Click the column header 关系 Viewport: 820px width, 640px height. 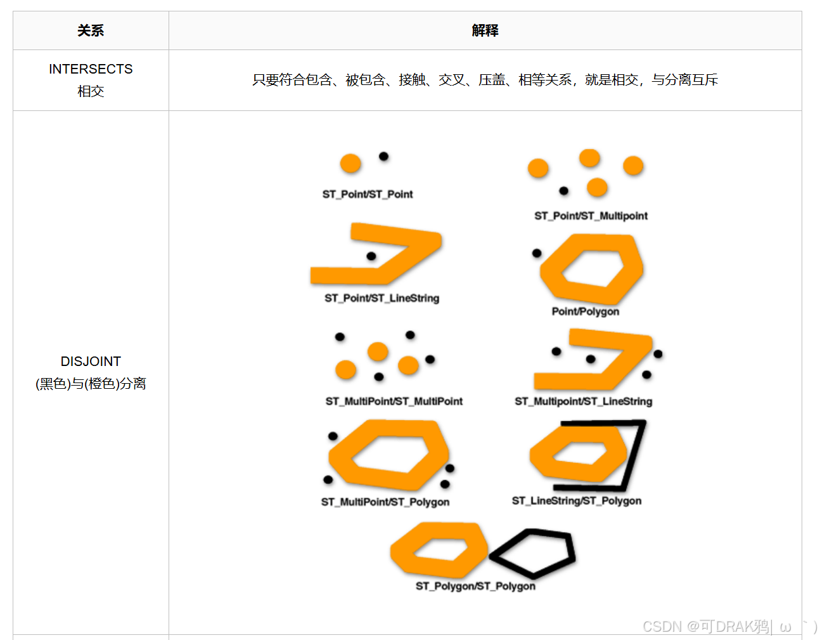[91, 30]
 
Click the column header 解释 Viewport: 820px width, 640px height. [485, 30]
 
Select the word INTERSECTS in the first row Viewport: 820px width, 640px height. [91, 69]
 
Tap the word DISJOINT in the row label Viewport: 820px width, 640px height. [91, 362]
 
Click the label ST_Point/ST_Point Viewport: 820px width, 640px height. [368, 194]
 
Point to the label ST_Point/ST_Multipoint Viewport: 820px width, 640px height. [591, 216]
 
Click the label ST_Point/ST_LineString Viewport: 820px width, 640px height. [381, 298]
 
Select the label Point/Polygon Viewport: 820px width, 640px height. [585, 311]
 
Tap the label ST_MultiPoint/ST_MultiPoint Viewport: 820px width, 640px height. [394, 401]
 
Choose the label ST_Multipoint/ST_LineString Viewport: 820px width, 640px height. [583, 401]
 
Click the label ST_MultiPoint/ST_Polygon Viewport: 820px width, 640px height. [385, 502]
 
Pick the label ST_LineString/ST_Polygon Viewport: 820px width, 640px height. [576, 500]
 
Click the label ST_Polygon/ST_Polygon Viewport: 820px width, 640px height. [475, 586]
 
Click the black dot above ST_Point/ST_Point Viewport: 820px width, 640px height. [383, 157]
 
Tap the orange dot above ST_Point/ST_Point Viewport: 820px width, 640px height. [350, 164]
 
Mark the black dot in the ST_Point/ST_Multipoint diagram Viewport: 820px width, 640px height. [563, 191]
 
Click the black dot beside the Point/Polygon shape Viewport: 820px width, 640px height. [537, 253]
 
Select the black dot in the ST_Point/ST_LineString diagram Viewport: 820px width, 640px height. [371, 256]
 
